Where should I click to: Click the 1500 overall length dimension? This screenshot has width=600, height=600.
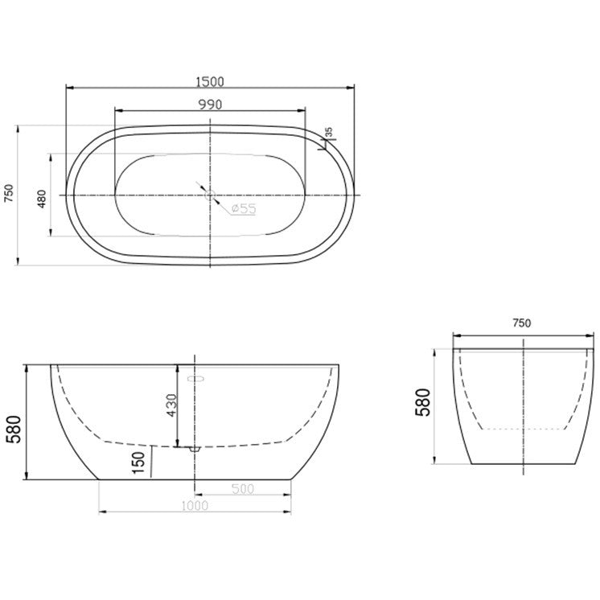(210, 81)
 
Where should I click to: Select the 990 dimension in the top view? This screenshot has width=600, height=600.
(210, 104)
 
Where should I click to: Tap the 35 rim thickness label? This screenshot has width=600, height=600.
(329, 133)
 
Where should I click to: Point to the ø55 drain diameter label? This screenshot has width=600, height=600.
(244, 208)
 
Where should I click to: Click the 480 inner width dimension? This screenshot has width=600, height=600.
(42, 199)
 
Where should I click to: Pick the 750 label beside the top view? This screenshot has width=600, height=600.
(9, 193)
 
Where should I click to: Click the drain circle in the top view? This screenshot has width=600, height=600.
(210, 195)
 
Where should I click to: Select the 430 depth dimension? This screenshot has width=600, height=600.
(171, 405)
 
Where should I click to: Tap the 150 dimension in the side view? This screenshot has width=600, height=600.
(138, 462)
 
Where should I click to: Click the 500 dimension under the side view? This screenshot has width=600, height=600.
(243, 489)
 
